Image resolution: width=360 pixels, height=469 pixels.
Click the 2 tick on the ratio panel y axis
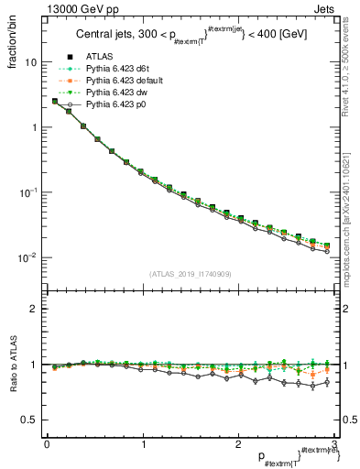pyautogui.click(x=33, y=309)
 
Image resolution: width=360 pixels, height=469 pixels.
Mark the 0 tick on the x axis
pyautogui.click(x=46, y=444)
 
